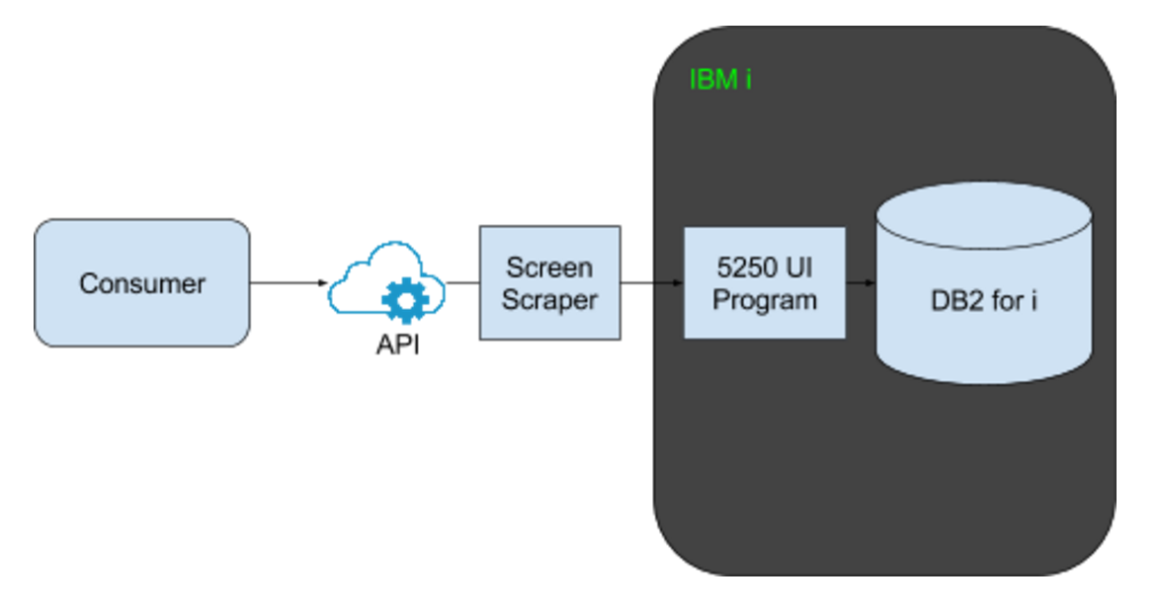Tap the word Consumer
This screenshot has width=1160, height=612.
(142, 283)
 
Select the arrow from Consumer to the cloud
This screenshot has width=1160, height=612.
(289, 283)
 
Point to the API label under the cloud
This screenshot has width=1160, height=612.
(397, 346)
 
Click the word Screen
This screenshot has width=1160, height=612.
(549, 268)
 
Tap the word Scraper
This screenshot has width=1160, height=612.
(549, 300)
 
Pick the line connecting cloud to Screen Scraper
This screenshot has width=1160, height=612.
(462, 283)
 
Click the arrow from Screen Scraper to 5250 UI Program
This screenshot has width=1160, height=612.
(652, 283)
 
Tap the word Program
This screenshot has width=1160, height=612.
(765, 300)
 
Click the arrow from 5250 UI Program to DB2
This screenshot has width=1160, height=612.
(861, 283)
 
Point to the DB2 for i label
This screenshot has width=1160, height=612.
(984, 301)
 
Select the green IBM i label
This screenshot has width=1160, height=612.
(720, 79)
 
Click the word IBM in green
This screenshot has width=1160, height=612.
(712, 79)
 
